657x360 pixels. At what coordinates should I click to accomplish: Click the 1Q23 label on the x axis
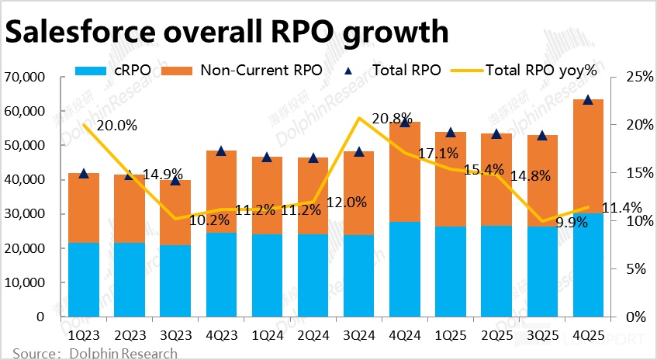tap(83, 334)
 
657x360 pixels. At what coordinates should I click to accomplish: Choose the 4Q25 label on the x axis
tap(587, 334)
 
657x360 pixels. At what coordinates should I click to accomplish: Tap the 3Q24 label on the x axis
tap(358, 334)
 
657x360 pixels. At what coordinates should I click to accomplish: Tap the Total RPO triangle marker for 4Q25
tap(588, 100)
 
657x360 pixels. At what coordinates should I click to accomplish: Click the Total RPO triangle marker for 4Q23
tap(221, 151)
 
